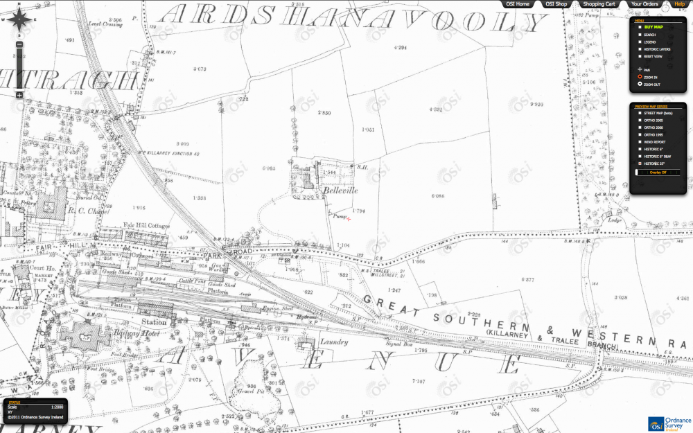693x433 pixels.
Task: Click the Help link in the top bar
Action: (679, 4)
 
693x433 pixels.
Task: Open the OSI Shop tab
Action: (556, 4)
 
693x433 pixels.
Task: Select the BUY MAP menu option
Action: (653, 27)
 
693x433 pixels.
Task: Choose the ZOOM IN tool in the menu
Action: (651, 77)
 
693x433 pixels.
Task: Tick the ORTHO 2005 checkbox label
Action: (653, 120)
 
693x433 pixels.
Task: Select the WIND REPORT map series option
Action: (654, 141)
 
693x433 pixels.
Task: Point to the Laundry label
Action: (334, 342)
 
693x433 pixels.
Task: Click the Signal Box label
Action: (398, 344)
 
